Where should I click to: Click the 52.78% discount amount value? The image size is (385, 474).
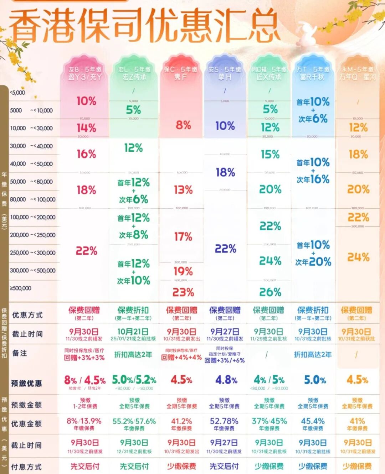coord(224,421)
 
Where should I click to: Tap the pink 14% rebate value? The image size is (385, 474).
coord(86,128)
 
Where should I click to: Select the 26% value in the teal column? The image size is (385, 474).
coord(270,292)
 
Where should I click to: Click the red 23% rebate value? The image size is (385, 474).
coord(183,292)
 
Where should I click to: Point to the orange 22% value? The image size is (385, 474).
coord(358,217)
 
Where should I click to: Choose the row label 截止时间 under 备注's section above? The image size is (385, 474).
coord(27,334)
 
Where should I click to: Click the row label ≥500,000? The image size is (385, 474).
coord(21,288)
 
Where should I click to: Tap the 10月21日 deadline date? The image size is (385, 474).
coord(133,332)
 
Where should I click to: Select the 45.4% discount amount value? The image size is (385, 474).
coord(313,421)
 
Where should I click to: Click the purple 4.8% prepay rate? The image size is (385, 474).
coord(226,380)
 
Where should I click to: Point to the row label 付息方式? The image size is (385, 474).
coord(26,467)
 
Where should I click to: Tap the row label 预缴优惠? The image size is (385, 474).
coord(26,384)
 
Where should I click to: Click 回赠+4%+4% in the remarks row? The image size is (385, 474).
coord(181,357)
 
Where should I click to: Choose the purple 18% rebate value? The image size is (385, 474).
coord(225,173)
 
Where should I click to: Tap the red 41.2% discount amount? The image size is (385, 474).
coord(181,421)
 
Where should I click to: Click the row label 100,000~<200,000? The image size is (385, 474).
coord(33,217)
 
